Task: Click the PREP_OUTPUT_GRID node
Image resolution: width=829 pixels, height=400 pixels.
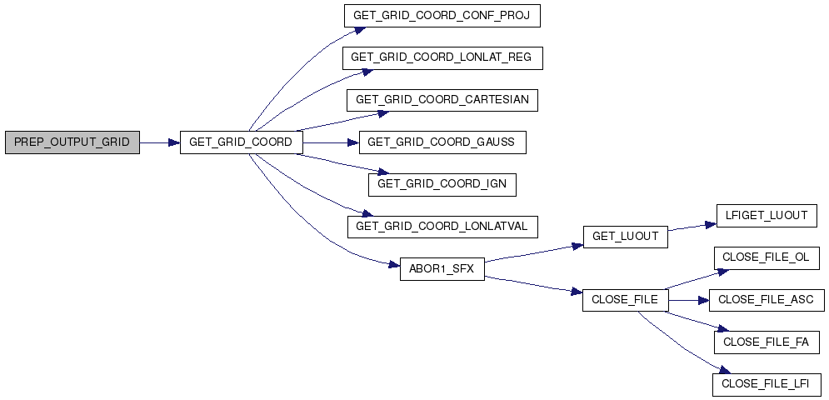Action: [x=72, y=142]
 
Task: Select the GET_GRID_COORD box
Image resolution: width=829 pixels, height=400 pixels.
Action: [x=241, y=142]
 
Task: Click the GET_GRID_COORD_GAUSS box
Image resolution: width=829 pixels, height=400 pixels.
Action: [x=442, y=142]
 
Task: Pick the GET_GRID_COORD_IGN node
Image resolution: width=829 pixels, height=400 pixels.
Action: [x=442, y=184]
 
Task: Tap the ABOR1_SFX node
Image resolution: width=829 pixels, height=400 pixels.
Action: [x=442, y=268]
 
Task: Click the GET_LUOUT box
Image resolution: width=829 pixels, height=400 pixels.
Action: [x=625, y=237]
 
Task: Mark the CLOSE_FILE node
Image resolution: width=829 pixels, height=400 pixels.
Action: [x=625, y=299]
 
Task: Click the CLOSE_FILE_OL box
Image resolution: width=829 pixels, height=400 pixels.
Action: [x=766, y=257]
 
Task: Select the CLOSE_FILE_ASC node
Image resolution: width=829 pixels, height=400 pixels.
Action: [x=766, y=299]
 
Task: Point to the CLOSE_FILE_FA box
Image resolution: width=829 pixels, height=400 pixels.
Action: [x=766, y=342]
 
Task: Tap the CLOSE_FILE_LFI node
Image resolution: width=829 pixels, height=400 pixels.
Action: [x=766, y=383]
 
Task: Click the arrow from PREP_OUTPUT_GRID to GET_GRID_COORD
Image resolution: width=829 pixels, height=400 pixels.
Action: [x=159, y=142]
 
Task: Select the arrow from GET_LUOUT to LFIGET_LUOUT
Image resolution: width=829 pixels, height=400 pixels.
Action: [x=692, y=227]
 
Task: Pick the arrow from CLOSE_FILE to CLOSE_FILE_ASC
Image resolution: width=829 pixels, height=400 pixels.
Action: [x=687, y=299]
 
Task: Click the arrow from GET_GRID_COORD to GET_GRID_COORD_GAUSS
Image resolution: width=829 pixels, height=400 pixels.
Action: [x=331, y=142]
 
